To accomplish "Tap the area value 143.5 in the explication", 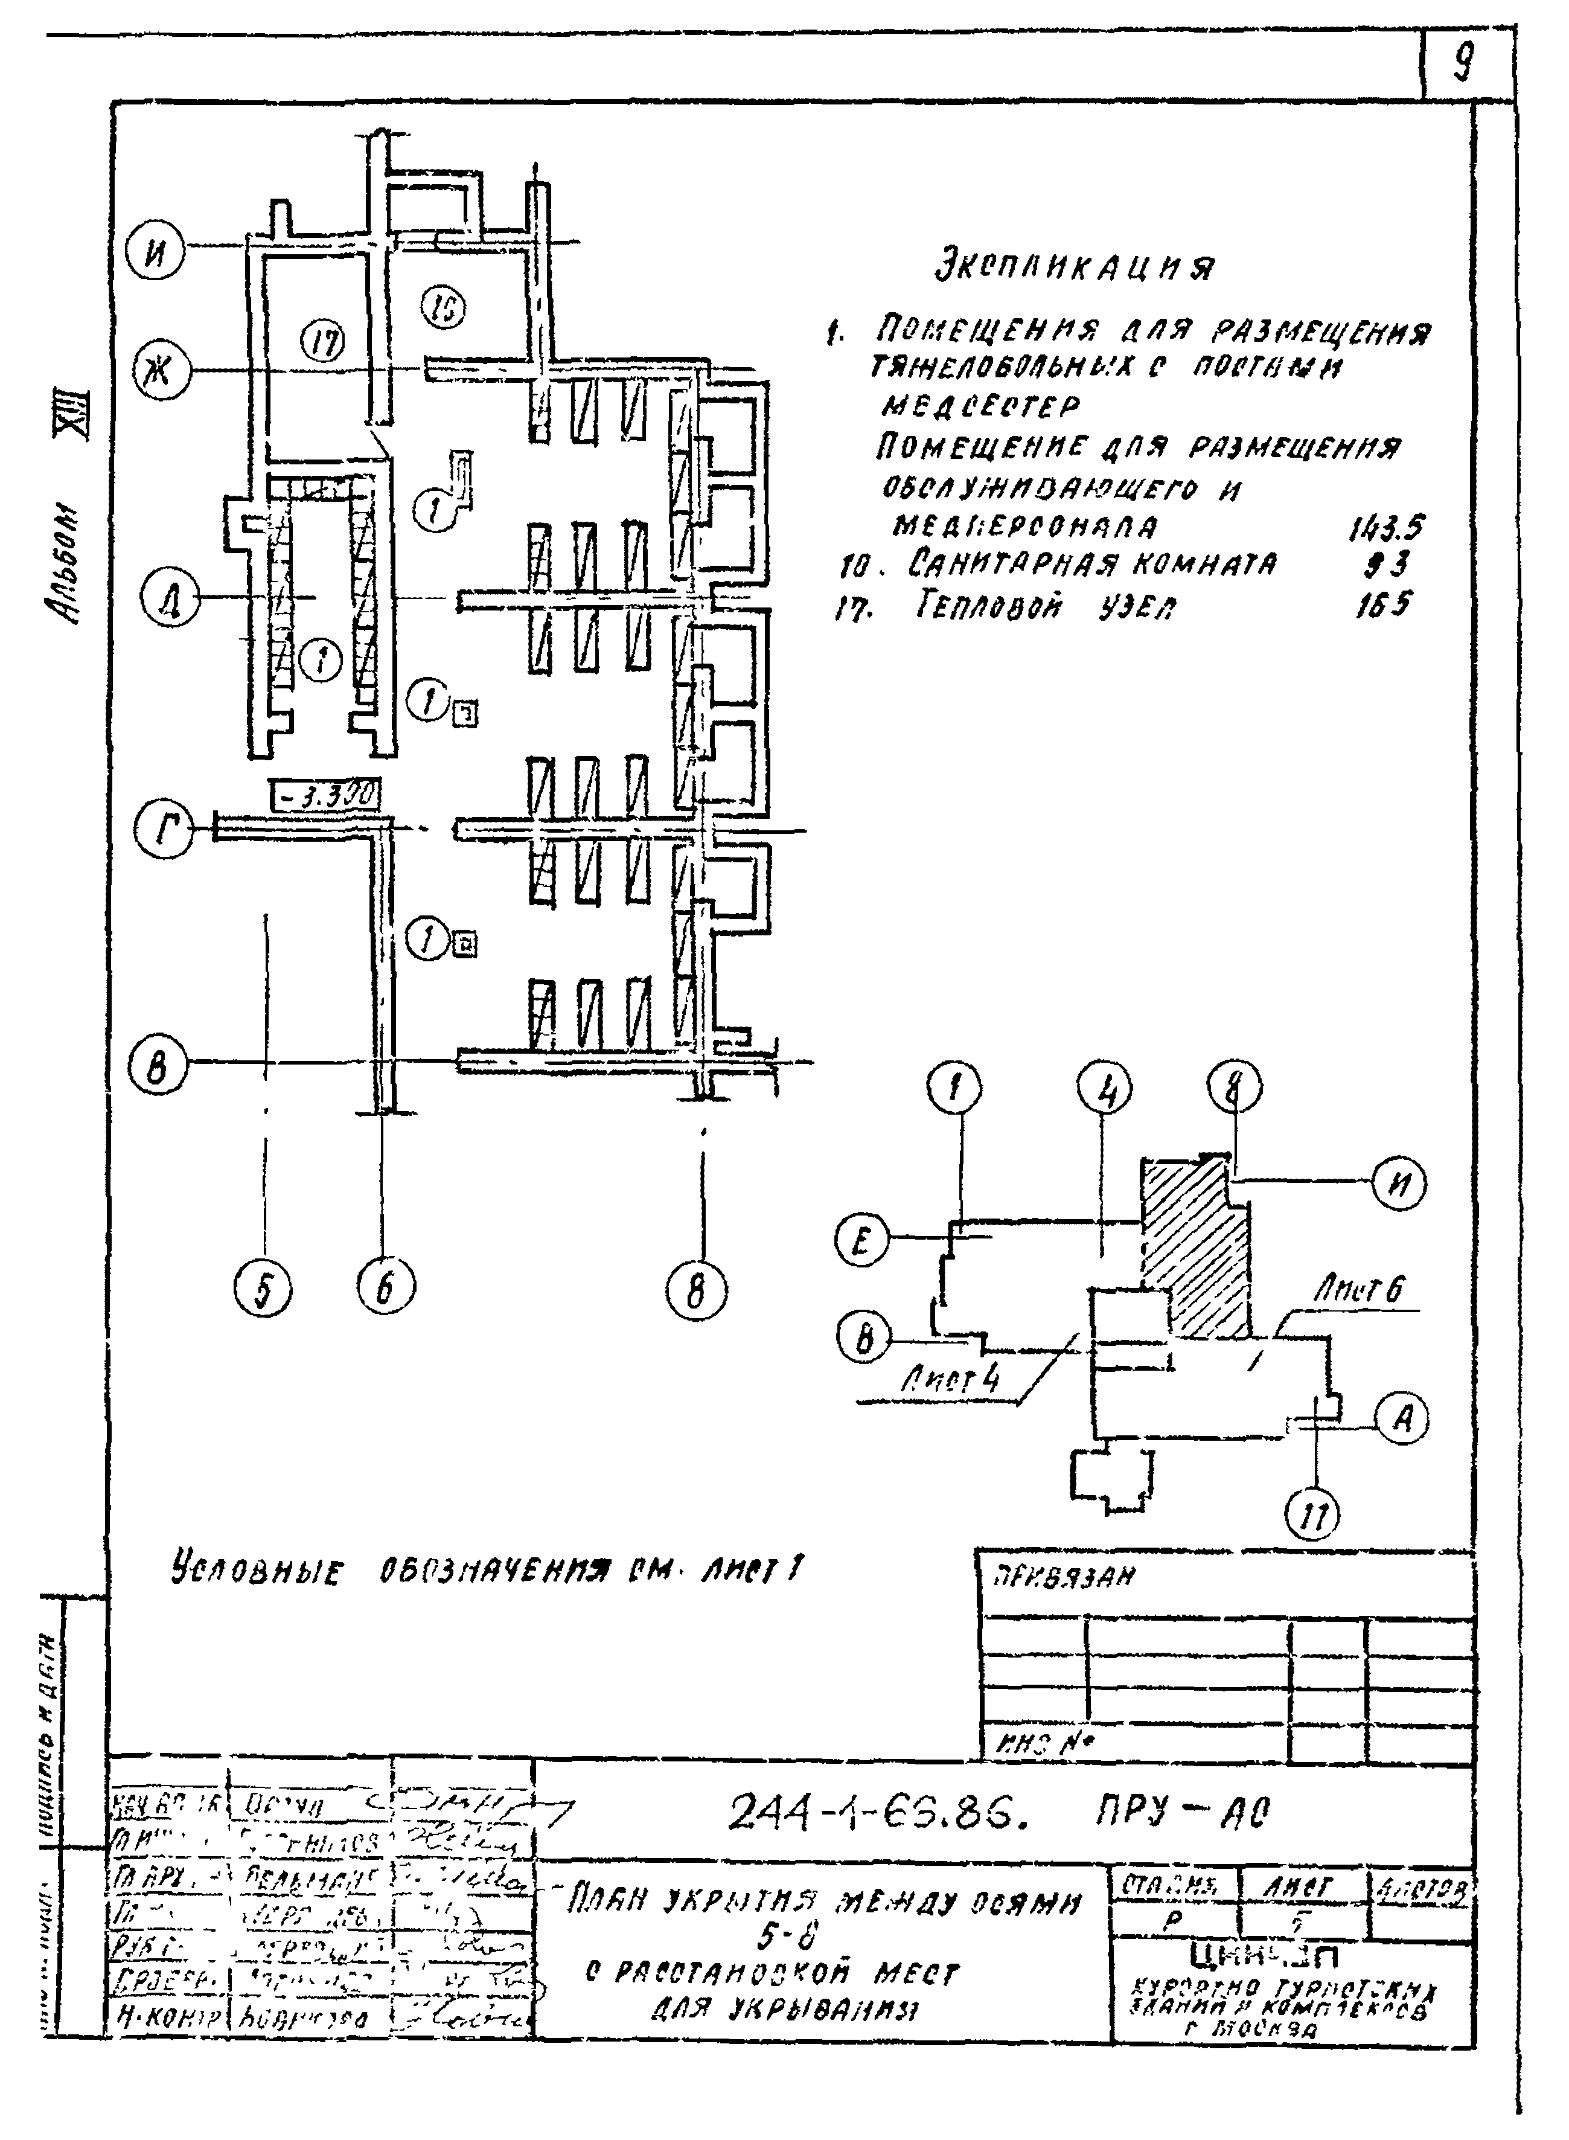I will coord(1385,527).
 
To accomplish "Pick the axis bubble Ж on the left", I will coord(161,373).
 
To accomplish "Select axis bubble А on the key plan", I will coord(1402,1418).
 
